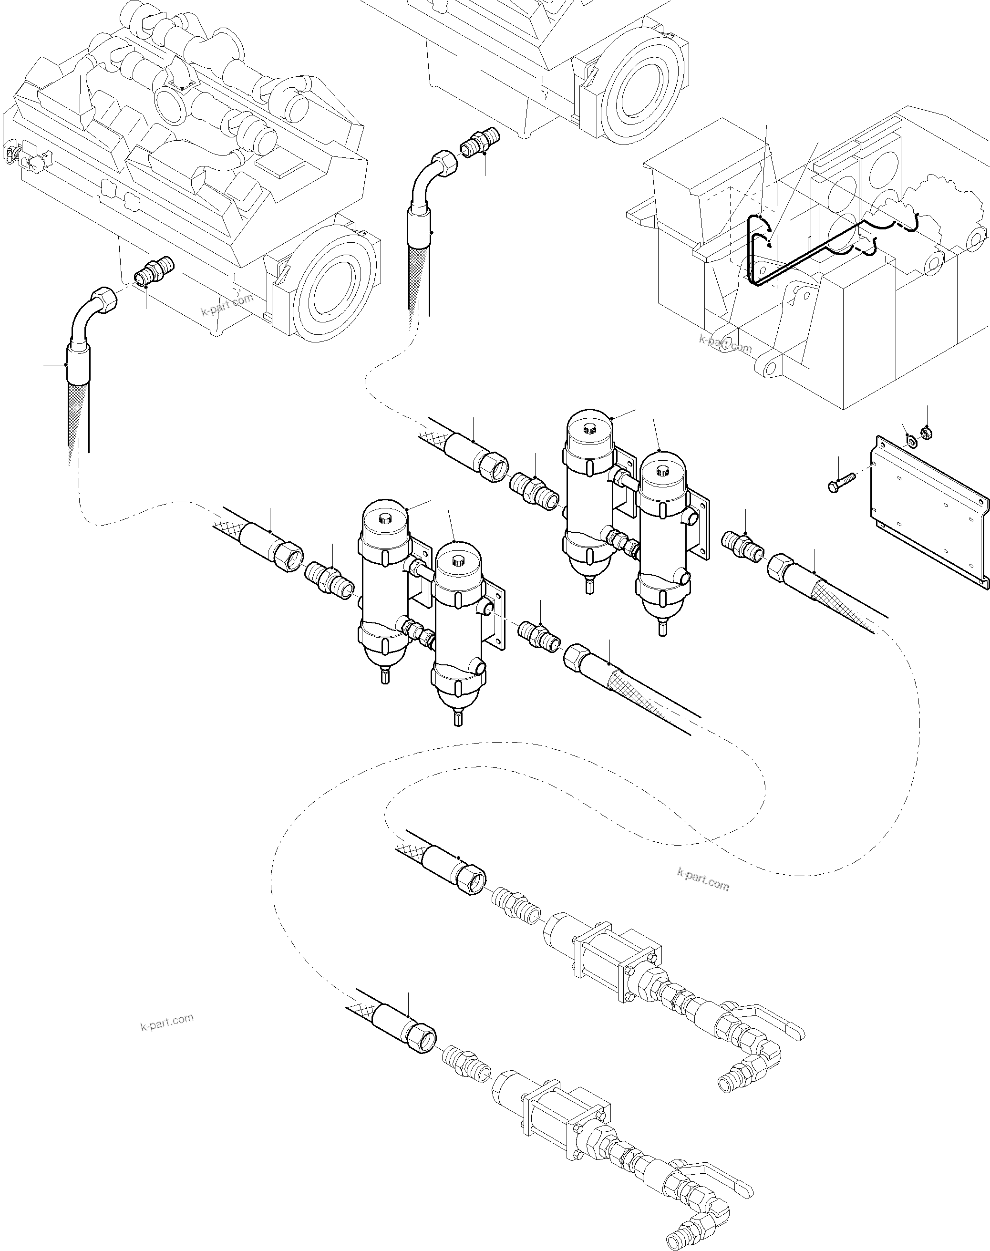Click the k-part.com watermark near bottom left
[167, 1022]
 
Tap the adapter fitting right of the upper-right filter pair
[742, 546]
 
